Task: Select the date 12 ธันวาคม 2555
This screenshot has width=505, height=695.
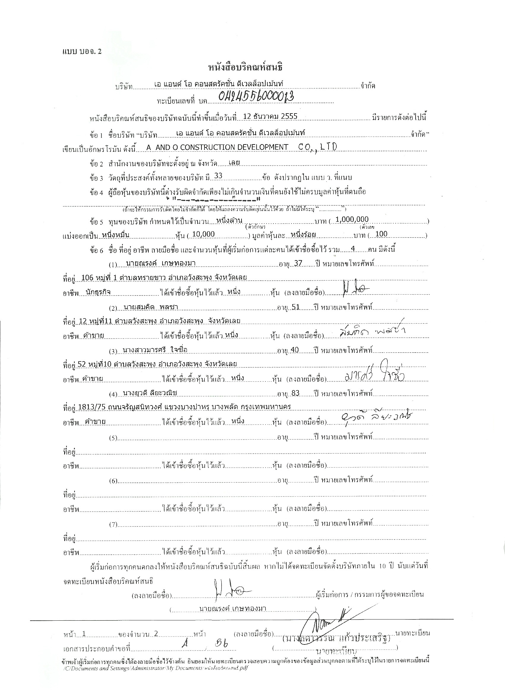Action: tap(269, 116)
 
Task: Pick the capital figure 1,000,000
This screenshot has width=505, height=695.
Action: tap(352, 219)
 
